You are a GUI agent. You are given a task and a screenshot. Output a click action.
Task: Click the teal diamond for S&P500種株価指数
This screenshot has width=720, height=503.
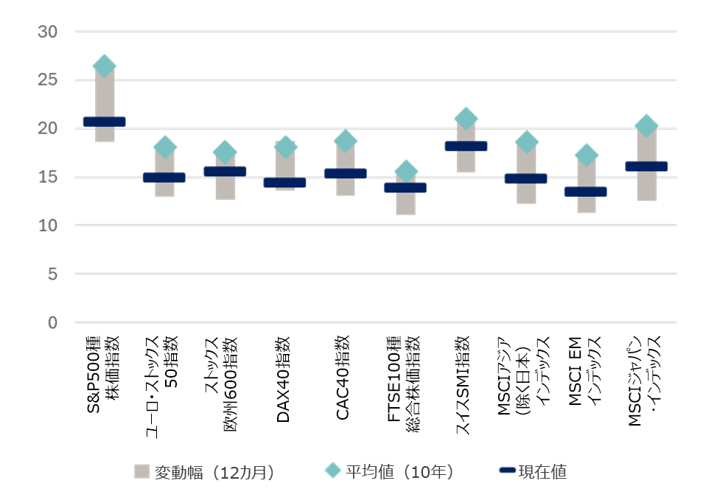pos(104,66)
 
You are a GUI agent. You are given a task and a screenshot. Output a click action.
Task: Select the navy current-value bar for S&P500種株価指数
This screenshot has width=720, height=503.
pos(104,122)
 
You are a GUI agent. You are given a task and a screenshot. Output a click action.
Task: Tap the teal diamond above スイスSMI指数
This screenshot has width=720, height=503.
pos(466,119)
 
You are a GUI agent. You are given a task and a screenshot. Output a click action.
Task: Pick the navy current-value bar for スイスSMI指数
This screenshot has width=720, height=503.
pos(466,146)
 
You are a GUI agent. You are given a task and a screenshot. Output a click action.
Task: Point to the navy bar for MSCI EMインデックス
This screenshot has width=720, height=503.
pos(586,192)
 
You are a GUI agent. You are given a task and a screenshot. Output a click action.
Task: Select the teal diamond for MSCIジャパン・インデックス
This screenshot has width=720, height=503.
pos(646,126)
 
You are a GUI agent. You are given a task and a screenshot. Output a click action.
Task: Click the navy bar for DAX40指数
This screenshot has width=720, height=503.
pos(284,182)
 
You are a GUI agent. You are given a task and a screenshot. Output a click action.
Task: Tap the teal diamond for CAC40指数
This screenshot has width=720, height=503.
pos(345,140)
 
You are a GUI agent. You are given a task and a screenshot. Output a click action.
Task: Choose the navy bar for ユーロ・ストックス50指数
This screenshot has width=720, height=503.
pos(164,177)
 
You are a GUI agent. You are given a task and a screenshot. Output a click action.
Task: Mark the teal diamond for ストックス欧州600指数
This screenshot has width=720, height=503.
pos(225,152)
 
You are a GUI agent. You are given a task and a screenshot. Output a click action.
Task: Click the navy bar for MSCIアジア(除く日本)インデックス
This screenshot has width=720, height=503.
pos(525,178)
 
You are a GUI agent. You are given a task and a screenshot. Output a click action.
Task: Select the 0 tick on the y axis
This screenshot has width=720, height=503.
pos(52,322)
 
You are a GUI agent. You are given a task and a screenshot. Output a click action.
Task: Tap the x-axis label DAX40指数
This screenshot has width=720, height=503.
pos(284,379)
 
